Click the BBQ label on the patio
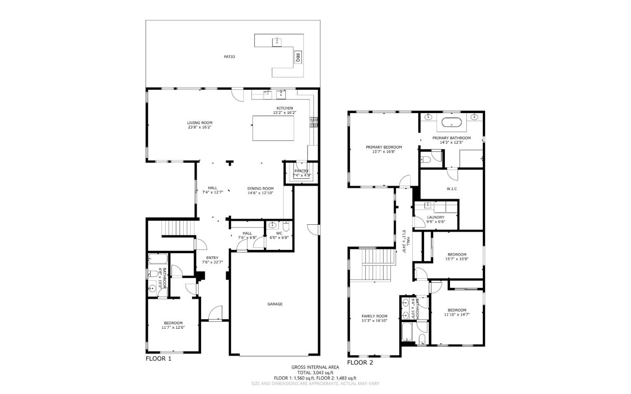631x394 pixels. click(x=298, y=57)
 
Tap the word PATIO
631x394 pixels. click(x=229, y=57)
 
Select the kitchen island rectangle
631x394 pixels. click(x=273, y=128)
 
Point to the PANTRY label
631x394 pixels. click(x=301, y=171)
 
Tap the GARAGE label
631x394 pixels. click(x=275, y=304)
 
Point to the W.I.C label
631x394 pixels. click(x=452, y=189)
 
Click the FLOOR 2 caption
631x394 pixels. click(x=360, y=363)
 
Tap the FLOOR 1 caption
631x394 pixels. click(x=158, y=359)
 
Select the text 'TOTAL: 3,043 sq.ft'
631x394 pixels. click(x=315, y=373)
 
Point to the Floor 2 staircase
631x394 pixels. click(x=377, y=266)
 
